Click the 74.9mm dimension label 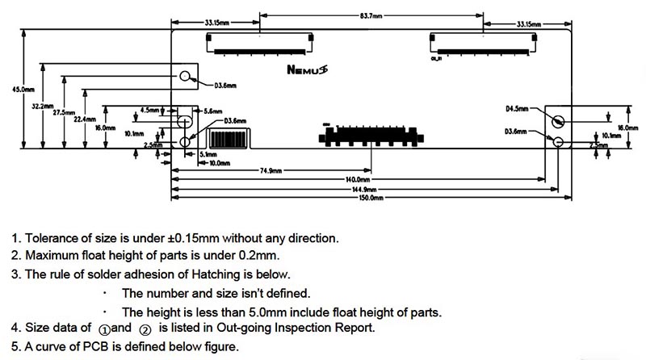pos(271,171)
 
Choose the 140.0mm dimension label pos(357,179)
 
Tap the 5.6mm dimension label pos(213,110)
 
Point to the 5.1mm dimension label pos(206,153)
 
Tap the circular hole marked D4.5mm pos(557,121)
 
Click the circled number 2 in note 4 pos(145,329)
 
